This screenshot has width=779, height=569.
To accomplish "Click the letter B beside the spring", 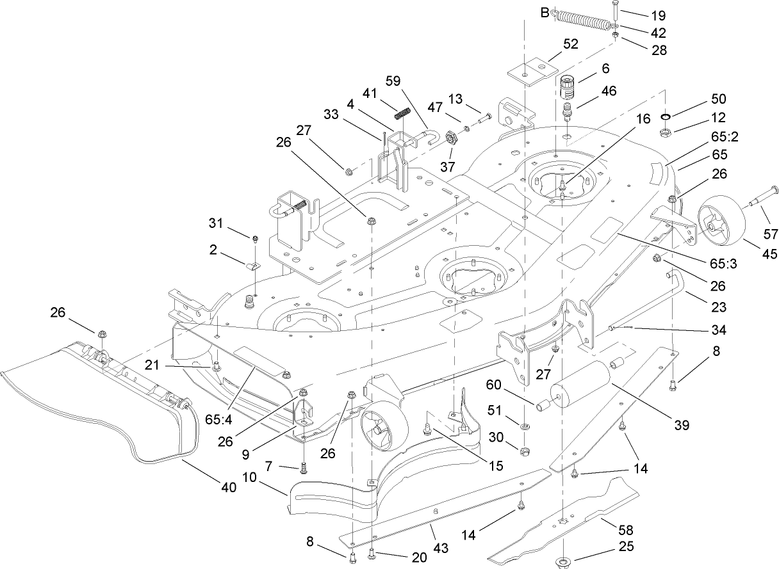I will (x=545, y=13).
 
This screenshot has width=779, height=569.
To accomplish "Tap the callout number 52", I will (x=570, y=44).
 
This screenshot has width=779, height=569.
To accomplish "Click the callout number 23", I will (x=718, y=307).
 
